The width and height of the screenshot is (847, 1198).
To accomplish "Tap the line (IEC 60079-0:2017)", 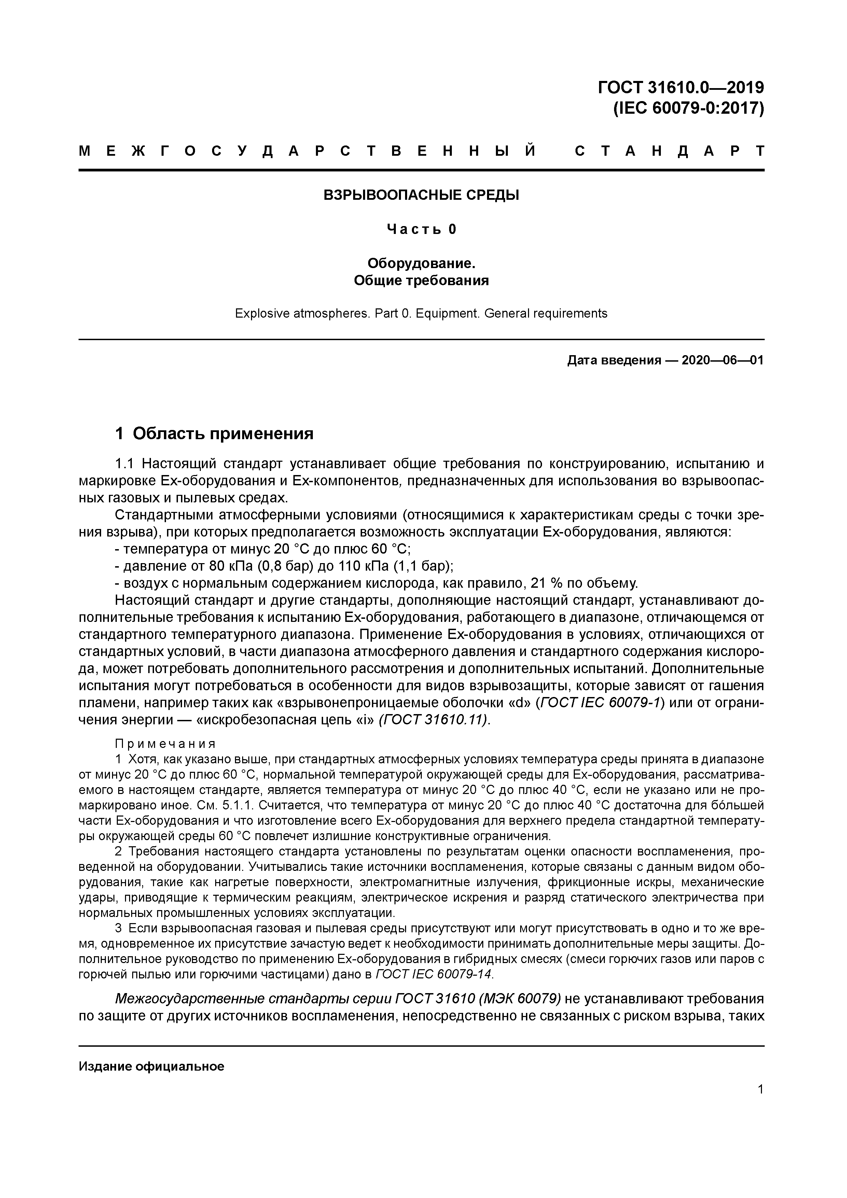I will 688,108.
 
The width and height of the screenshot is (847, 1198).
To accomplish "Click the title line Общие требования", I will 421,281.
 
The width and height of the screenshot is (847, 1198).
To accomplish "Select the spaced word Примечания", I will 165,743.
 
